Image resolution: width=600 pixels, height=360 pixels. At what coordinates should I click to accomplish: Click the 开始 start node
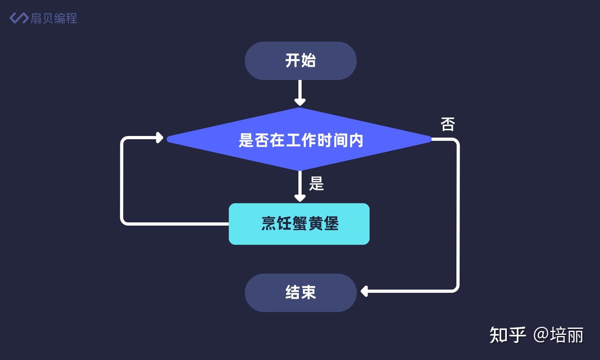coord(300,61)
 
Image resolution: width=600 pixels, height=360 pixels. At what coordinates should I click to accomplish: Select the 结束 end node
coord(300,292)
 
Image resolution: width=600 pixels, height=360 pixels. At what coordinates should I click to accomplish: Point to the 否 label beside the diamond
coord(448,124)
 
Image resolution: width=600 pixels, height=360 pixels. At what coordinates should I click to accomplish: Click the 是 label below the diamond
coord(316,184)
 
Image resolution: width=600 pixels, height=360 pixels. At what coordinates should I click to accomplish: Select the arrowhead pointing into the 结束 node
coord(364,291)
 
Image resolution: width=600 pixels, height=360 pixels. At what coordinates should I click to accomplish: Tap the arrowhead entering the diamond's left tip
coord(160,138)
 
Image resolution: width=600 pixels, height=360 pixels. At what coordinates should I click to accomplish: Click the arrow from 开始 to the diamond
coord(300,93)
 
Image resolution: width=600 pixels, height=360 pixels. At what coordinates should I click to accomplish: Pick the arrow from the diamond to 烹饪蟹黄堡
coord(300,186)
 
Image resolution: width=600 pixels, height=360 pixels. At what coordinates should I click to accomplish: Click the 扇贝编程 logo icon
coord(18,18)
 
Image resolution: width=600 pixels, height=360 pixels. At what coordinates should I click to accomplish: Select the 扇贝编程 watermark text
coord(54,18)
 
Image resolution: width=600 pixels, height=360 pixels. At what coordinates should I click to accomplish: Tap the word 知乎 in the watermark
coord(507,335)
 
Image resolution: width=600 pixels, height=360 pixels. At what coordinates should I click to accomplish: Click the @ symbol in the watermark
coord(541,335)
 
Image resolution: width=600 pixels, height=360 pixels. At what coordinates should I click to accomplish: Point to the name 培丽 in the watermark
coord(567,335)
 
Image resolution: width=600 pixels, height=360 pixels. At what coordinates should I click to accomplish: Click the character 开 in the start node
coord(292,61)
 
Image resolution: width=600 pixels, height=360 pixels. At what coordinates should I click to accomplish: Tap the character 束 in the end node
coord(308,292)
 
